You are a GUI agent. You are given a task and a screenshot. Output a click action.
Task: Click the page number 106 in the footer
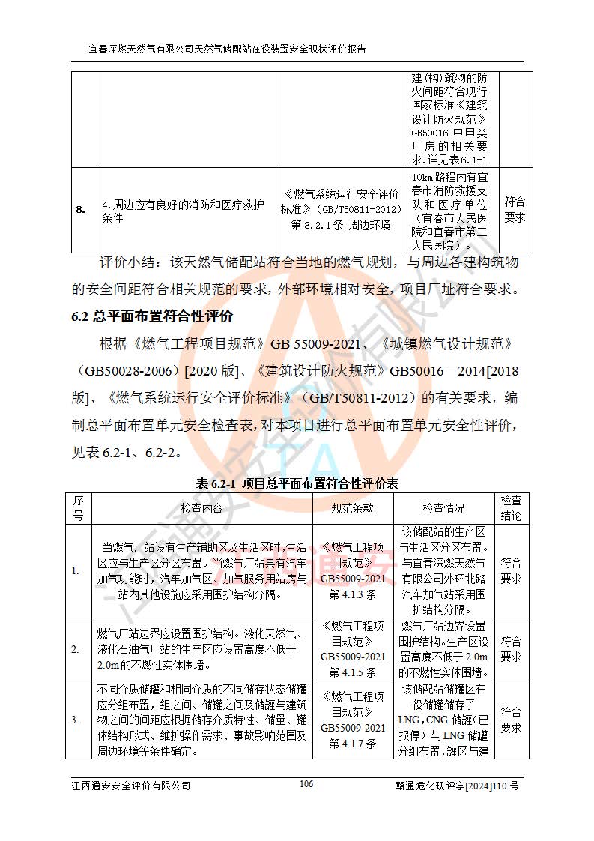pyautogui.click(x=306, y=784)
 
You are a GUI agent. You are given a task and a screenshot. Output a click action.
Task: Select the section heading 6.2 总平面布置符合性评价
pyautogui.click(x=152, y=316)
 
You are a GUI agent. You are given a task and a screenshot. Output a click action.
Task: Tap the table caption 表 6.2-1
pyautogui.click(x=296, y=484)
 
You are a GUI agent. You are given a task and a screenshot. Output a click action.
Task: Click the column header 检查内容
pyautogui.click(x=201, y=508)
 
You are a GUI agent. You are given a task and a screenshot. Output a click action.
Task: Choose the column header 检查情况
pyautogui.click(x=443, y=508)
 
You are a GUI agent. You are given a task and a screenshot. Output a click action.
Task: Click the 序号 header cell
pyautogui.click(x=78, y=508)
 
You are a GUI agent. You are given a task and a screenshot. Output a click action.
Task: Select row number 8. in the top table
pyautogui.click(x=81, y=210)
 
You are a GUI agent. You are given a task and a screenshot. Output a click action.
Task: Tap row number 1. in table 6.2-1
pyautogui.click(x=76, y=571)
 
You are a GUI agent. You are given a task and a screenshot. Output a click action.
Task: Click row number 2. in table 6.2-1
pyautogui.click(x=76, y=649)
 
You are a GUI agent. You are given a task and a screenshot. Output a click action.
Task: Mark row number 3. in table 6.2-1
pyautogui.click(x=76, y=720)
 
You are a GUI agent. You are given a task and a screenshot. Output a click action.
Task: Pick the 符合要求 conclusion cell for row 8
pyautogui.click(x=514, y=210)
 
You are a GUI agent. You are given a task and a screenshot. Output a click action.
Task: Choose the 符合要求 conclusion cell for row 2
pyautogui.click(x=512, y=649)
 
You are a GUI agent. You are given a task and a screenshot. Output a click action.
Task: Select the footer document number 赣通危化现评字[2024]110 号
pyautogui.click(x=456, y=786)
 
